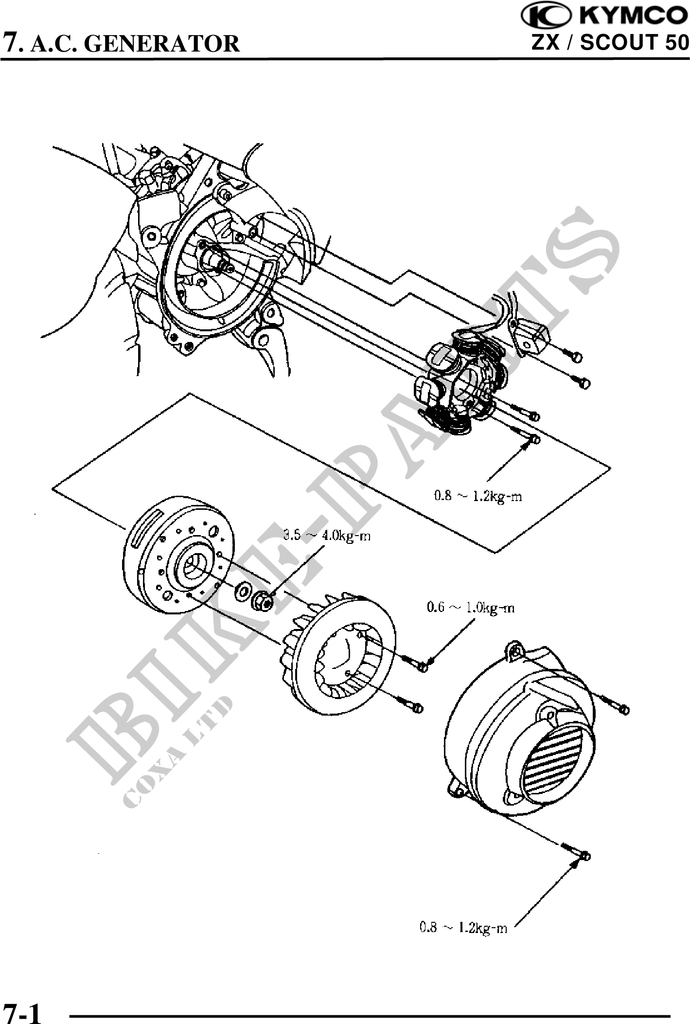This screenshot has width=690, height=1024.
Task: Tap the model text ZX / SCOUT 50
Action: coord(610,42)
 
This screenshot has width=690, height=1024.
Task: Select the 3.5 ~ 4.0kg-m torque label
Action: coord(327,536)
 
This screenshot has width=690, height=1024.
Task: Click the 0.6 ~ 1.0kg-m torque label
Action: coord(471,608)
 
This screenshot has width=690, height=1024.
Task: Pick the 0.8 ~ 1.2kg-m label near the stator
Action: coord(478,496)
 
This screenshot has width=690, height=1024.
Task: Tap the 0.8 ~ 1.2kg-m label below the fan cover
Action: coord(463,928)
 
